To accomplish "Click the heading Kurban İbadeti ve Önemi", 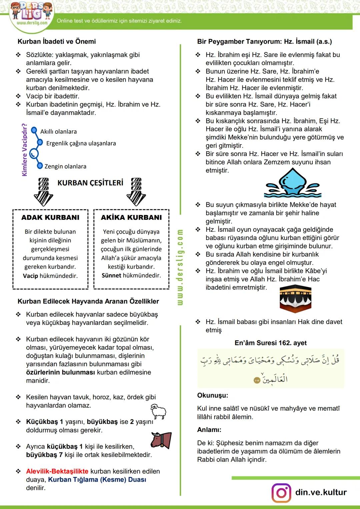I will click(57, 42).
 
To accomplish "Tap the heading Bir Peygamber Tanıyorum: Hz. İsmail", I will click(264, 42).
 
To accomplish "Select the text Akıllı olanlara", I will click(58, 132).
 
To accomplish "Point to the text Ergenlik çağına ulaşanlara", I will click(81, 143).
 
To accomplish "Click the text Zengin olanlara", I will click(65, 166).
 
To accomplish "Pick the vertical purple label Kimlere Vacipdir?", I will click(24, 150).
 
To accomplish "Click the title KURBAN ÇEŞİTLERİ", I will click(90, 183).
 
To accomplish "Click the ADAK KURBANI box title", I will click(50, 218).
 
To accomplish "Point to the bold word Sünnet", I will click(111, 275).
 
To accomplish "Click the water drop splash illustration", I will click(292, 183).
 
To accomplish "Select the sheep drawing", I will click(159, 411).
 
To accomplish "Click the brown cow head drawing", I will click(161, 440).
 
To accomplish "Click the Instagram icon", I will click(281, 492).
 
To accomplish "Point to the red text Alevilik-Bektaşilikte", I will click(57, 471).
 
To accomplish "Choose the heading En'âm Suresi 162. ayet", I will click(270, 343).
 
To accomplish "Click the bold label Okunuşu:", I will click(213, 396).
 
